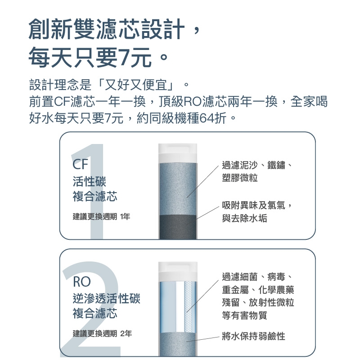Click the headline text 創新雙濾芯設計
106,30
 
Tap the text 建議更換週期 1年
101,217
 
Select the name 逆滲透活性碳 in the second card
107,298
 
